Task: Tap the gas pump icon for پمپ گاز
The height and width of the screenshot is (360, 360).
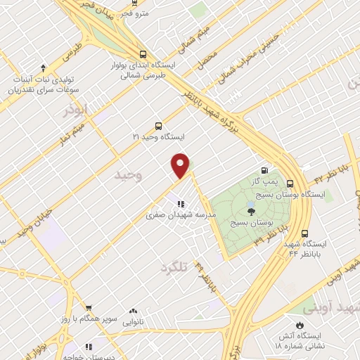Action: [264, 169]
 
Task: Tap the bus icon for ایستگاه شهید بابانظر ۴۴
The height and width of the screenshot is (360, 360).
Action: [304, 233]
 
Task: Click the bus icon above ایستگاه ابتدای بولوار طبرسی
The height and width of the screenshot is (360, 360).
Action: [143, 54]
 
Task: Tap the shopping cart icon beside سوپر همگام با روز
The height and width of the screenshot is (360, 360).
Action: [89, 308]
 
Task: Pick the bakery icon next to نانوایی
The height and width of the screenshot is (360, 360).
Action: [133, 310]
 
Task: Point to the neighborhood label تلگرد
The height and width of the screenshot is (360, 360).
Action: [176, 268]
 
